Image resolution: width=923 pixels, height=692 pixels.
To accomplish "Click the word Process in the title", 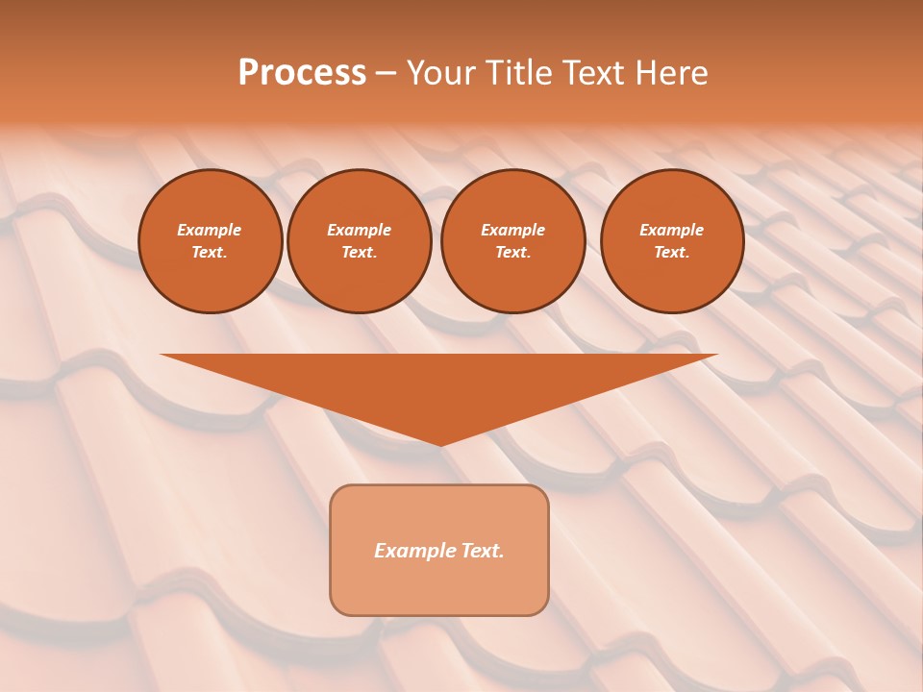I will [x=302, y=73].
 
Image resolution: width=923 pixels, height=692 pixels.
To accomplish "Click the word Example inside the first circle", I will [x=210, y=230].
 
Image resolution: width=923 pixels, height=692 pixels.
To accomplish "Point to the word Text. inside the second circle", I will [x=360, y=253].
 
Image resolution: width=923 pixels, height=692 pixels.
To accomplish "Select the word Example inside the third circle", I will [x=512, y=230].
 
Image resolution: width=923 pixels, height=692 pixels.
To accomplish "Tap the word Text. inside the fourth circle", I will [x=672, y=253].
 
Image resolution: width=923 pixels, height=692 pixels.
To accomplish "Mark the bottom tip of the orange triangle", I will [x=440, y=443].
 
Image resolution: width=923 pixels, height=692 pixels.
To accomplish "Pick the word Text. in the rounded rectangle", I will [x=482, y=551].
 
